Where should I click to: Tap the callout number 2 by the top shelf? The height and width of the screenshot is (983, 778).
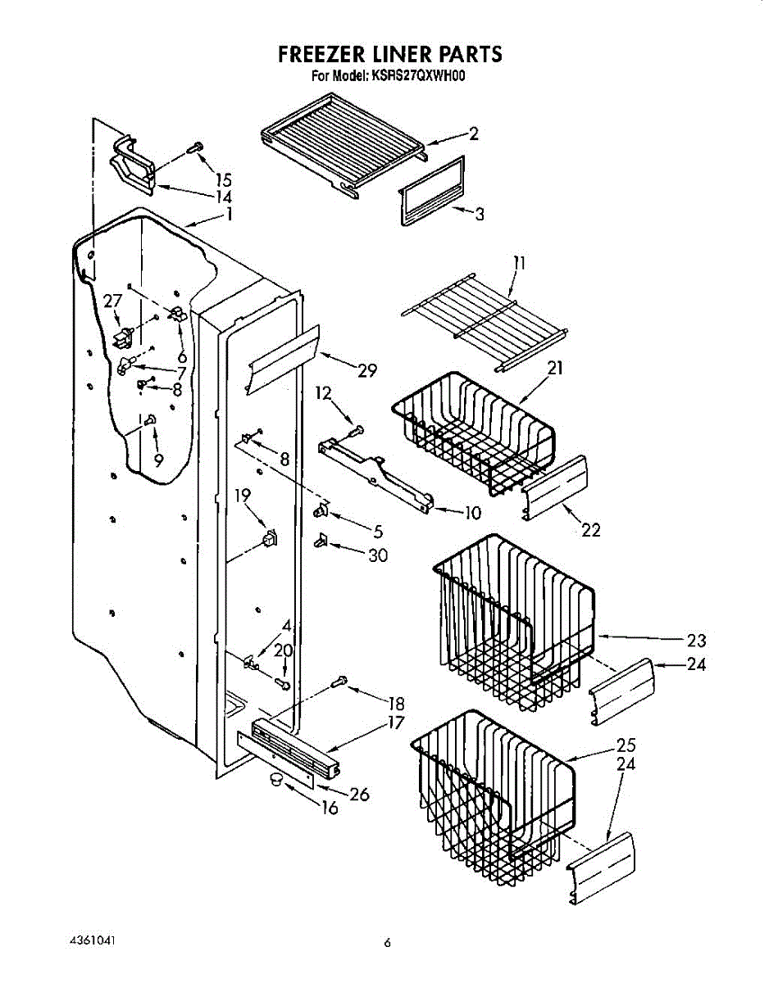coord(473,134)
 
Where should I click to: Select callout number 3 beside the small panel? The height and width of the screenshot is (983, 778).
coord(479,215)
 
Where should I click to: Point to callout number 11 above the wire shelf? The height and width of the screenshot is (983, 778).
coord(519,264)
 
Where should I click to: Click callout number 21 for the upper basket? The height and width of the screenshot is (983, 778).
coord(555,368)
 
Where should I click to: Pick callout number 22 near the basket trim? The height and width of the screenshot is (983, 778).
coord(590,530)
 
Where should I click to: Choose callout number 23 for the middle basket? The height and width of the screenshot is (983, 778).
coord(695,641)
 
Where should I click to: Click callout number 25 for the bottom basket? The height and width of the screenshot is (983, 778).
coord(626,746)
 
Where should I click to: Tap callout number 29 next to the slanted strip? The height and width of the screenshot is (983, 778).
coord(366,370)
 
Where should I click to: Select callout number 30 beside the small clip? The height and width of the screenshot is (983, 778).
coord(377,555)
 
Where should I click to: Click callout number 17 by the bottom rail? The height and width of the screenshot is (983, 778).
coord(397,723)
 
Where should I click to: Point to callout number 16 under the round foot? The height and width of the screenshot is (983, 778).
coord(330,809)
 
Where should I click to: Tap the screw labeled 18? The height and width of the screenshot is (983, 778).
coord(341,681)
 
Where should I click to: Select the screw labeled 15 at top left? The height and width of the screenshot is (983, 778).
coord(195,147)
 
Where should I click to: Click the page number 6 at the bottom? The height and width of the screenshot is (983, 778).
coord(388,943)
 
